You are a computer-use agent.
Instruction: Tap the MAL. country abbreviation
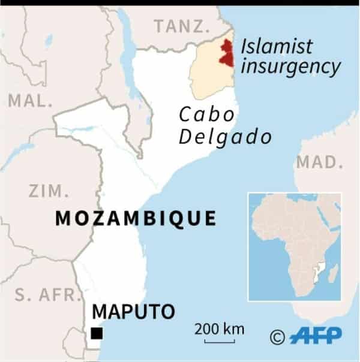tap(30, 101)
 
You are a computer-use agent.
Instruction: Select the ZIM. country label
tap(49, 191)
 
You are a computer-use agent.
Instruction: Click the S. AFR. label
tap(43, 295)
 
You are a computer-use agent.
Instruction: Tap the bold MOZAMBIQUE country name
tap(136, 219)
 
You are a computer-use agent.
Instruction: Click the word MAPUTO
tap(133, 312)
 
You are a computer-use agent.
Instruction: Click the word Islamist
tap(277, 45)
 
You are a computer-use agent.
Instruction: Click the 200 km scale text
tap(220, 328)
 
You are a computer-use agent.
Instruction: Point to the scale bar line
tap(220, 342)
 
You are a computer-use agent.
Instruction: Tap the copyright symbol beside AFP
tap(277, 336)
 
